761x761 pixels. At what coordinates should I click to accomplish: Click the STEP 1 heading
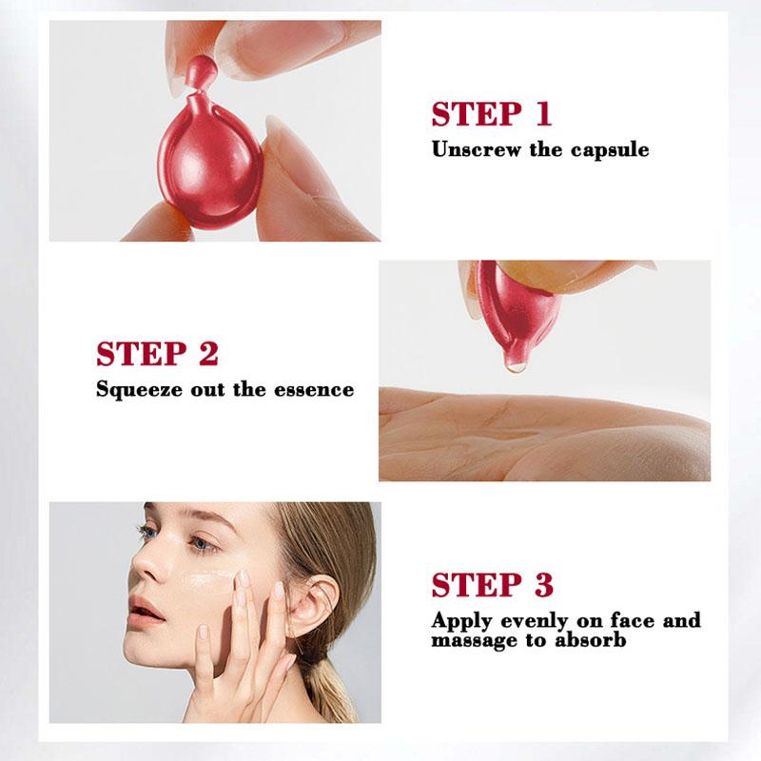pyautogui.click(x=491, y=114)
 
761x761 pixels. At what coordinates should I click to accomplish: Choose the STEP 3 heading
pyautogui.click(x=492, y=584)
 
